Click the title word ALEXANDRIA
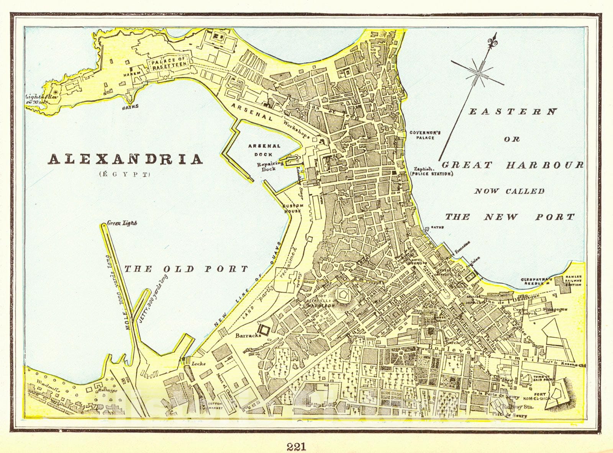125,159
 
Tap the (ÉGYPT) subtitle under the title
125,175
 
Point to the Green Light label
122,223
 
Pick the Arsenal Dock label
264,150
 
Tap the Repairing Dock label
270,166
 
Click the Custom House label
293,208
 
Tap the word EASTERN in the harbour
513,112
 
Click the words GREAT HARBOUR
513,165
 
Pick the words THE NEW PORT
510,217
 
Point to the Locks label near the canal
199,364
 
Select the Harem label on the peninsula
129,73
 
